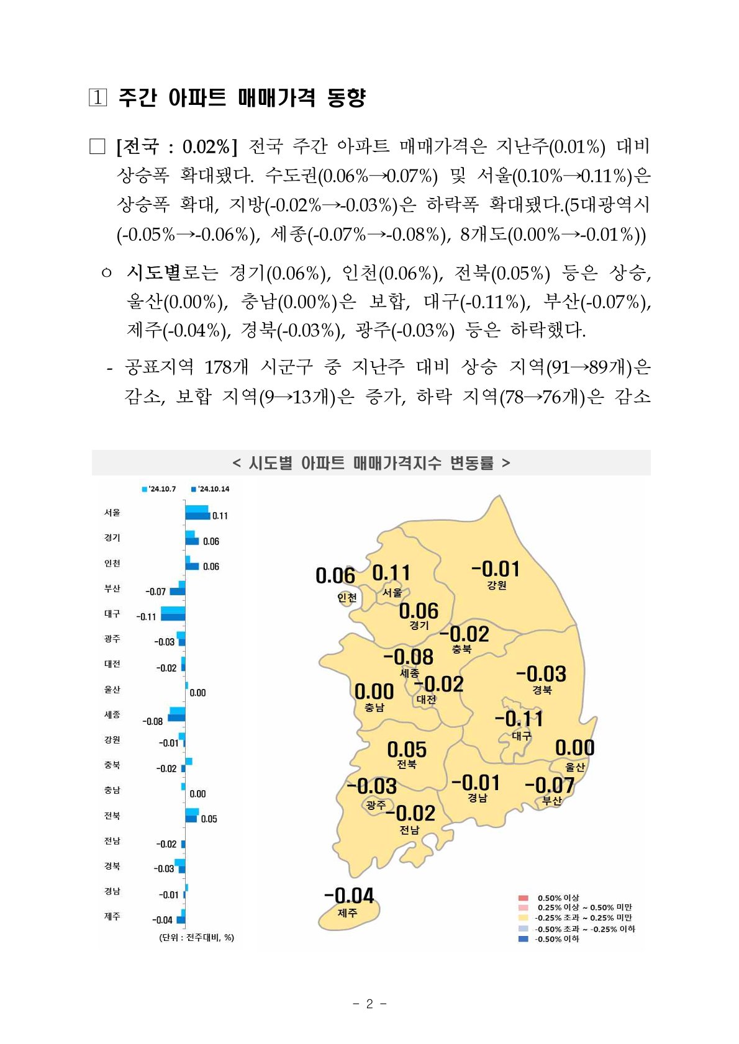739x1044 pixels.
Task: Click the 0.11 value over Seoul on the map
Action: (391, 572)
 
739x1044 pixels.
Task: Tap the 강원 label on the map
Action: (497, 585)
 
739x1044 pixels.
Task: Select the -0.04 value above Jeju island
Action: (349, 895)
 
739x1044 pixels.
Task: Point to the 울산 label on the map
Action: (575, 767)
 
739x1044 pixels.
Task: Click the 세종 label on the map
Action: (409, 673)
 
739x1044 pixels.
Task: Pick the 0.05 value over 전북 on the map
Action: (407, 749)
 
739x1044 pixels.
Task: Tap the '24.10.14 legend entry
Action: (211, 489)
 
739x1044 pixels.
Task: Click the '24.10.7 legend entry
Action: (159, 489)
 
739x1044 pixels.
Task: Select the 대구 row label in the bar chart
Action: (112, 613)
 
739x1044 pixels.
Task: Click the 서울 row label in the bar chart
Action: (112, 513)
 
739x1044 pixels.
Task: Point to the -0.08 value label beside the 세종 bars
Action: (153, 721)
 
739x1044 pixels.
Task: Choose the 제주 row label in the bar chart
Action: (112, 916)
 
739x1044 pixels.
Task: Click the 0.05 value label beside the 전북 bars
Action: (209, 819)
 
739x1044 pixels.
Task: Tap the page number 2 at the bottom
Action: (369, 1004)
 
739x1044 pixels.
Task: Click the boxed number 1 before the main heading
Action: (97, 97)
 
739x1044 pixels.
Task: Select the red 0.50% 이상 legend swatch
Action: (523, 898)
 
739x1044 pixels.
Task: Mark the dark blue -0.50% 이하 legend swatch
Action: (523, 939)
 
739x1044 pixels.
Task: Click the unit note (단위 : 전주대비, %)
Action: (197, 937)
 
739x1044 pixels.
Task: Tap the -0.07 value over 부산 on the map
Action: (550, 785)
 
